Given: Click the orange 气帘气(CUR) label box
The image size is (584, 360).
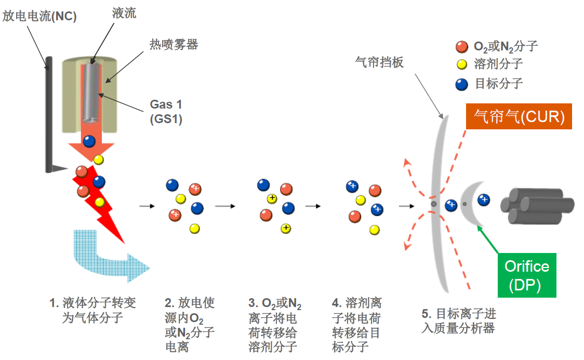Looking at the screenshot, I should [x=519, y=116].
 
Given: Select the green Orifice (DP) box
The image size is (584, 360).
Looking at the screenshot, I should [x=527, y=275].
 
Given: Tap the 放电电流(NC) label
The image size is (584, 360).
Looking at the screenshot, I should [x=39, y=17].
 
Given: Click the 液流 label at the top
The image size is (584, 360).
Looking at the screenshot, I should [x=124, y=13].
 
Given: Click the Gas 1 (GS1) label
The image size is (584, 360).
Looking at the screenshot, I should [x=166, y=112].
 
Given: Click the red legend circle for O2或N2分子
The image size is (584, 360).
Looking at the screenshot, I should [x=461, y=47].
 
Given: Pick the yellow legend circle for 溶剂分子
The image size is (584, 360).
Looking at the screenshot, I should [x=461, y=65].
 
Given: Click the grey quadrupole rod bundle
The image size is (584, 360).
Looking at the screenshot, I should [x=535, y=206].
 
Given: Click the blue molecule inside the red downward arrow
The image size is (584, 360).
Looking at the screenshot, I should [x=89, y=141].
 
